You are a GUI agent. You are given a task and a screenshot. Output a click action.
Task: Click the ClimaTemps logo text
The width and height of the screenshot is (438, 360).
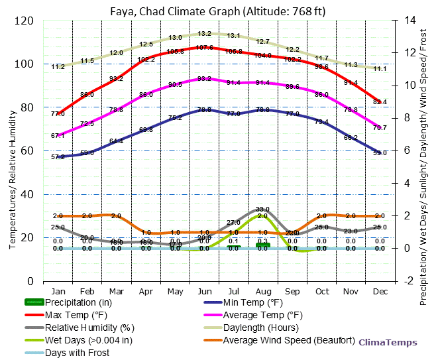(388, 343)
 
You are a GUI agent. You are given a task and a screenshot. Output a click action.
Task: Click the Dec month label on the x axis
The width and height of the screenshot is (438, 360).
(380, 291)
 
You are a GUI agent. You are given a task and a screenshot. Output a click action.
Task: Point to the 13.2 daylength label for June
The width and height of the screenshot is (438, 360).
(204, 33)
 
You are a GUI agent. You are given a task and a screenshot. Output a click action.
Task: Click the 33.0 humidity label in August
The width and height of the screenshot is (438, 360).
(262, 209)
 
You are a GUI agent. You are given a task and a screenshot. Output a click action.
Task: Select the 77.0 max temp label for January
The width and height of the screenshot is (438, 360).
(58, 114)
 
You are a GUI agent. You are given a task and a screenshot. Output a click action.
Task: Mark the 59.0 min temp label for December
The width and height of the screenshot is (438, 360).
(380, 153)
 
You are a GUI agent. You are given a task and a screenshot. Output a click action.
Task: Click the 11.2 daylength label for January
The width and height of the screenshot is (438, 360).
(58, 66)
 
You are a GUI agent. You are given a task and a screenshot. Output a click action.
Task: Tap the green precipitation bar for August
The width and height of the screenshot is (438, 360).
(262, 245)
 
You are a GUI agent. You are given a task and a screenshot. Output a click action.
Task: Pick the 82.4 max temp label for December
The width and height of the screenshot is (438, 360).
(380, 102)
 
